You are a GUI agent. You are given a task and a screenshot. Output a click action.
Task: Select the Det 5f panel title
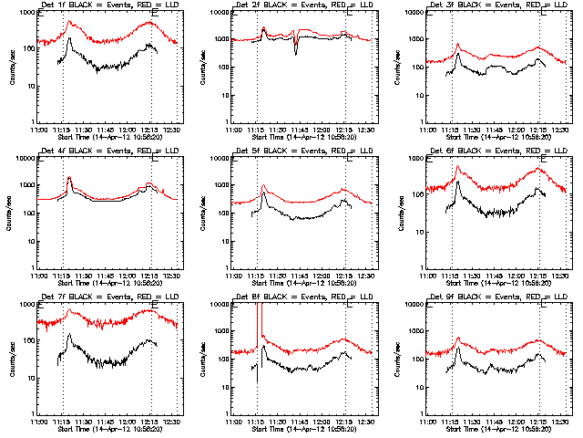(302, 152)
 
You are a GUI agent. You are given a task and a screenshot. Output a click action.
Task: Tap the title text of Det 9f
(496, 297)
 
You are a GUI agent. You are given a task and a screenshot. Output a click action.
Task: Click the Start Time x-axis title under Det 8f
(302, 428)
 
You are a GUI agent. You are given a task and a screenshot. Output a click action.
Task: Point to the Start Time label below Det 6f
(496, 283)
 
